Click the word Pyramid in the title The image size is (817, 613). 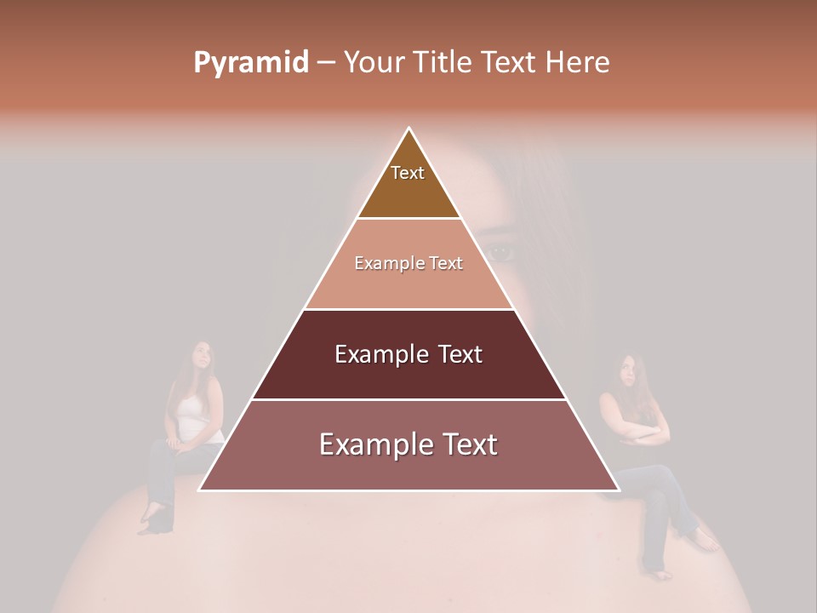pyautogui.click(x=251, y=63)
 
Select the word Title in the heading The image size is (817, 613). pyautogui.click(x=444, y=62)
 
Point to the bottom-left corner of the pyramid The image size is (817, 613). pyautogui.click(x=200, y=490)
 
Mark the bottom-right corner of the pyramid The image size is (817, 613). pyautogui.click(x=618, y=490)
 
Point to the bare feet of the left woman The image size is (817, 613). pyautogui.click(x=151, y=518)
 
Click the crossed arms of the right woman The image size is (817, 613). pyautogui.click(x=643, y=434)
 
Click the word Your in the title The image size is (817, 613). pyautogui.click(x=374, y=62)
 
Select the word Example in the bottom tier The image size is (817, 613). pyautogui.click(x=368, y=444)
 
